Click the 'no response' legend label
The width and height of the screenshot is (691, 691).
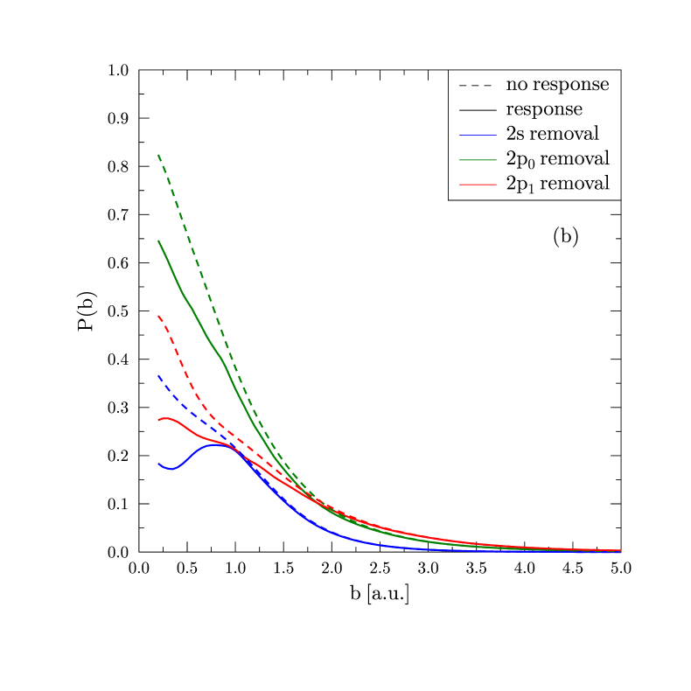pyautogui.click(x=557, y=85)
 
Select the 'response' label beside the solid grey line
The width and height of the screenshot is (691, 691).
pyautogui.click(x=544, y=110)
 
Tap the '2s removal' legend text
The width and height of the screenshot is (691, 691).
pyautogui.click(x=552, y=134)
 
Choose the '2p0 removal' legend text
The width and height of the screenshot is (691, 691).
pyautogui.click(x=557, y=159)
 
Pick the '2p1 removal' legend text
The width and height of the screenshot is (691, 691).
pyautogui.click(x=557, y=184)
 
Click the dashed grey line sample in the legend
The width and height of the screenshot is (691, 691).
pyautogui.click(x=475, y=86)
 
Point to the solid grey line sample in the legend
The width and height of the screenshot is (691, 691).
pyautogui.click(x=475, y=110)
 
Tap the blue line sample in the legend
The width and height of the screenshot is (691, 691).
pyautogui.click(x=475, y=135)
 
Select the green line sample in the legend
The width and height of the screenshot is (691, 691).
pyautogui.click(x=475, y=159)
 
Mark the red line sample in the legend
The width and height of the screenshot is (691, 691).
pyautogui.click(x=475, y=185)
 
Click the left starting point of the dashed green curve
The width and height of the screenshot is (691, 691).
pyautogui.click(x=158, y=155)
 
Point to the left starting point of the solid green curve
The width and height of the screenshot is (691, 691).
pyautogui.click(x=158, y=241)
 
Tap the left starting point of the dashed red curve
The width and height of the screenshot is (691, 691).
pyautogui.click(x=158, y=315)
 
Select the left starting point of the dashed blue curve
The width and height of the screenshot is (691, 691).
pyautogui.click(x=158, y=375)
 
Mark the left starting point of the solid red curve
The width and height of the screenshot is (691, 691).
pyautogui.click(x=158, y=421)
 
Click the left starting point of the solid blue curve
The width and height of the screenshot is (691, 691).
pyautogui.click(x=158, y=464)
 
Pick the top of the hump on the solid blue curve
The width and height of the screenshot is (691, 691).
pyautogui.click(x=215, y=444)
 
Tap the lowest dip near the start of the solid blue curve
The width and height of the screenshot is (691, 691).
pyautogui.click(x=171, y=469)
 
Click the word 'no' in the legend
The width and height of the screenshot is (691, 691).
pyautogui.click(x=515, y=86)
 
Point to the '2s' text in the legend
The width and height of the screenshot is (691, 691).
pyautogui.click(x=515, y=134)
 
